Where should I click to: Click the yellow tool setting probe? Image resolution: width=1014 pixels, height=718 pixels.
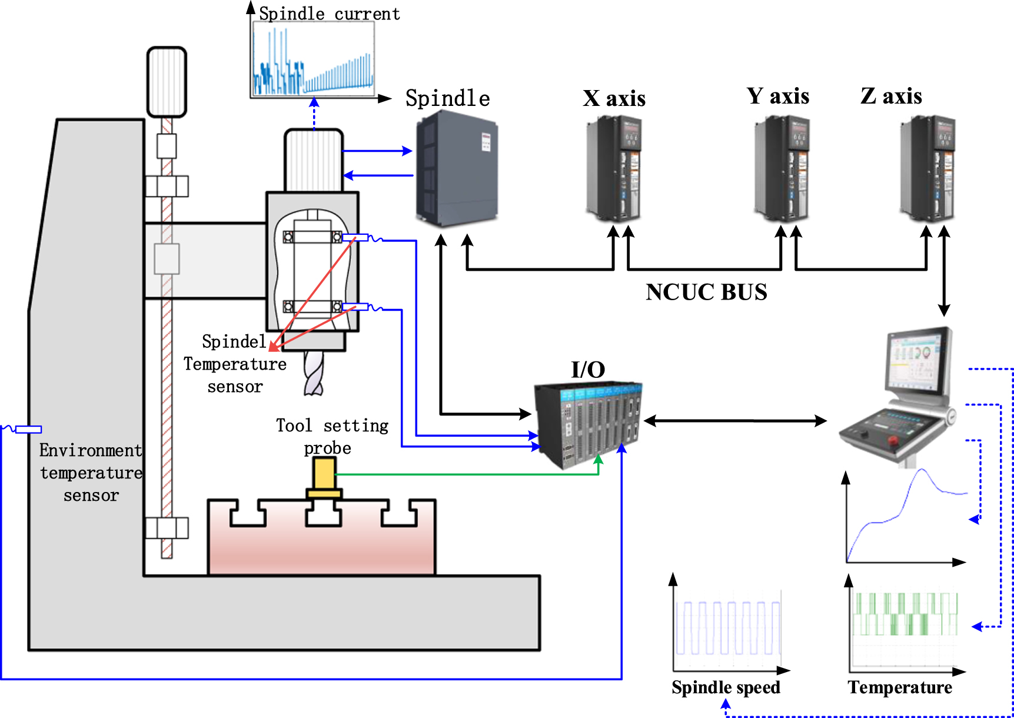tap(324, 476)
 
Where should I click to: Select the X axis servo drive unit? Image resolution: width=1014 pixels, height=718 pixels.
tap(614, 168)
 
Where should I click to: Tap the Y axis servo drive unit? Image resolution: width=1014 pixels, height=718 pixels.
tap(782, 168)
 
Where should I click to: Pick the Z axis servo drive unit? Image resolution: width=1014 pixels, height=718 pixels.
tap(927, 168)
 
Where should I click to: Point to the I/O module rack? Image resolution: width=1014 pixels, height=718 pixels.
tap(587, 424)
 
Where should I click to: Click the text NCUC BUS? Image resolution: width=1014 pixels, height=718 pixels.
tap(706, 292)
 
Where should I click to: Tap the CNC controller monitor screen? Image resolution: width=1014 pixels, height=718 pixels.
tap(917, 361)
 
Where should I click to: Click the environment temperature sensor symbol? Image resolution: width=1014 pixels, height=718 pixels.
tap(28, 430)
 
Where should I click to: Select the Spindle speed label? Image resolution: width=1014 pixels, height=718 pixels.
tap(726, 687)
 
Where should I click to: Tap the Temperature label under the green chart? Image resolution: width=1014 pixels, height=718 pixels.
tap(900, 687)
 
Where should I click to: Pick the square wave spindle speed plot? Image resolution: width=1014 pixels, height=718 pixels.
tap(728, 628)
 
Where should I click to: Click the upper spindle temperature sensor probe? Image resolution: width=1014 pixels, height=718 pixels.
tap(355, 238)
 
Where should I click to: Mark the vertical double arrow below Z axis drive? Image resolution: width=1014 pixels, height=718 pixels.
tap(944, 271)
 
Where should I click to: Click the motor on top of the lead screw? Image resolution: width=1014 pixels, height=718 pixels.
tap(167, 82)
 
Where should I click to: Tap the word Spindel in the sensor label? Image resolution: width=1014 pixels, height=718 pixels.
tap(234, 342)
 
